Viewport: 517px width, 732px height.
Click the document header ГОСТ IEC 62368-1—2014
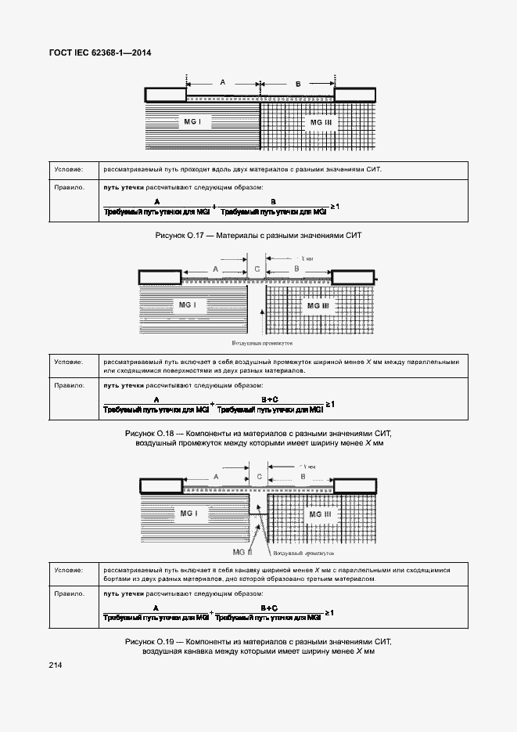pos(100,52)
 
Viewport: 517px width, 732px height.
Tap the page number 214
pos(56,665)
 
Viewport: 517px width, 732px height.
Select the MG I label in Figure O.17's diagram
pos(192,122)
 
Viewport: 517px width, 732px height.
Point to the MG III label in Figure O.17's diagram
pos(321,123)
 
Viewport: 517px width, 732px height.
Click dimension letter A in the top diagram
pos(222,82)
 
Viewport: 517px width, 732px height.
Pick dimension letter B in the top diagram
pos(298,83)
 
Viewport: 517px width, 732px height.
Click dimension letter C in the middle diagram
pos(257,269)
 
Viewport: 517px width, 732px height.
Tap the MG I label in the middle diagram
pos(187,305)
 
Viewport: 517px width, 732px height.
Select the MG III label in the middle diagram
pos(318,305)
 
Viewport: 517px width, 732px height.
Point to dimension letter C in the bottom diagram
pos(258,476)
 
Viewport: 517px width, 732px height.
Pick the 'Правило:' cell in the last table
pos(69,594)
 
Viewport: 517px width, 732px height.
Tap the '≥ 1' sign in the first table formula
pos(334,206)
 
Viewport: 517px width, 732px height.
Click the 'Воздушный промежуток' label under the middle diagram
pos(262,343)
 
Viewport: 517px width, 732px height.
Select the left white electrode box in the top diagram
pos(166,95)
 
